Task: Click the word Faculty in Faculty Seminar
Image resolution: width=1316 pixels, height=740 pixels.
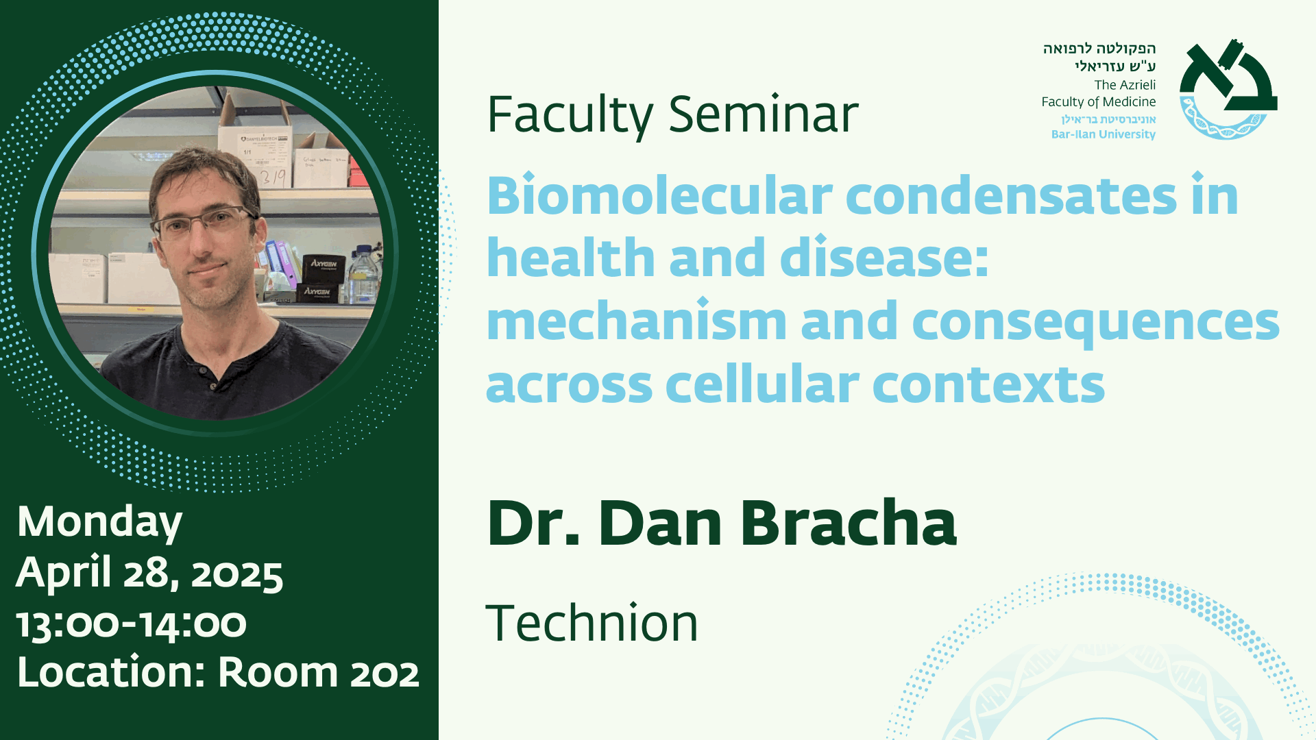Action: pos(570,115)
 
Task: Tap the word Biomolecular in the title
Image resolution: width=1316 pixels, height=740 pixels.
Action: pos(659,195)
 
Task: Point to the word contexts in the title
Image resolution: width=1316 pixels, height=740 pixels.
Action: pos(988,384)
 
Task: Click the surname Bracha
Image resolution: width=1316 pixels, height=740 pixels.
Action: pos(848,523)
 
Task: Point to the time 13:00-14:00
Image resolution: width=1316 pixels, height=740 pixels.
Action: pos(132,624)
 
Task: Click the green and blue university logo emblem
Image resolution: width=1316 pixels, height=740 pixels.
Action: pos(1228,89)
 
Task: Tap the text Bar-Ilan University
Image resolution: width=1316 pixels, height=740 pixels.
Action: pos(1104,134)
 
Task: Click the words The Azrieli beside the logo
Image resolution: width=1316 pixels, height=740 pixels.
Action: pos(1125,85)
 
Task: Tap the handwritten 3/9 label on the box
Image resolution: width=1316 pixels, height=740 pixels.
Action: pos(273,178)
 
